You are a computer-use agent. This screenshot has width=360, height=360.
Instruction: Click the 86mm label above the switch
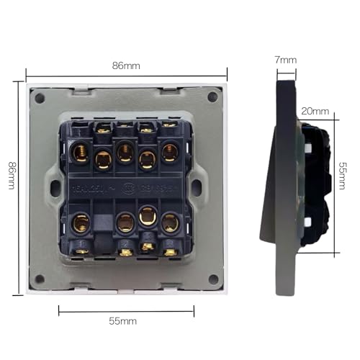click(126, 66)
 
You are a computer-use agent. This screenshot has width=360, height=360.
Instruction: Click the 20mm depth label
click(315, 111)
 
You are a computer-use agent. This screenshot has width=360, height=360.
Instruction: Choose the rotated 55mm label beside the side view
click(343, 174)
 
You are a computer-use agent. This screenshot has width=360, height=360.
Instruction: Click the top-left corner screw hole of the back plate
click(42, 95)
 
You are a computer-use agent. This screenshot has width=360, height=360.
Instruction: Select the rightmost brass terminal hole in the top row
click(170, 152)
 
